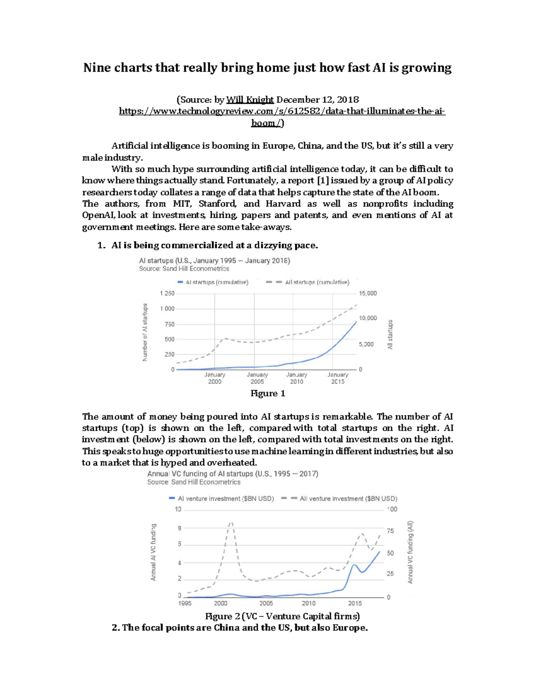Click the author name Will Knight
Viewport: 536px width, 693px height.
click(x=250, y=100)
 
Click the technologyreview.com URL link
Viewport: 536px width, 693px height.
click(x=282, y=112)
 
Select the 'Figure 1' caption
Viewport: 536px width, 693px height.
click(x=268, y=394)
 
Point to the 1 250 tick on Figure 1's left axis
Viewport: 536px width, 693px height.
click(x=167, y=294)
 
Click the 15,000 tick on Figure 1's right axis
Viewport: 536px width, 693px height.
click(x=368, y=294)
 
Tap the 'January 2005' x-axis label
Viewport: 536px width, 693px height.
click(x=257, y=378)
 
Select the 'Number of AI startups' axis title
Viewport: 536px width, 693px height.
click(x=145, y=332)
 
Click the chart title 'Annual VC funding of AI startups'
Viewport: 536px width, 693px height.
click(x=232, y=474)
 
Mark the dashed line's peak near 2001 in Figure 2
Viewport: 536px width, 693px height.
click(x=231, y=523)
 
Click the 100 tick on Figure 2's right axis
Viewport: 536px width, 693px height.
click(x=392, y=509)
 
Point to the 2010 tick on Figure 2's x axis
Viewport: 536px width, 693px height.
click(x=309, y=603)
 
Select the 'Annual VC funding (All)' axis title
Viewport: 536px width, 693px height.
click(x=410, y=552)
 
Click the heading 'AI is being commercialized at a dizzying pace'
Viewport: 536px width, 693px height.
click(x=214, y=245)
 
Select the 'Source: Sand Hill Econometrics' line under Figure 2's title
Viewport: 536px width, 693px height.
click(x=194, y=482)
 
